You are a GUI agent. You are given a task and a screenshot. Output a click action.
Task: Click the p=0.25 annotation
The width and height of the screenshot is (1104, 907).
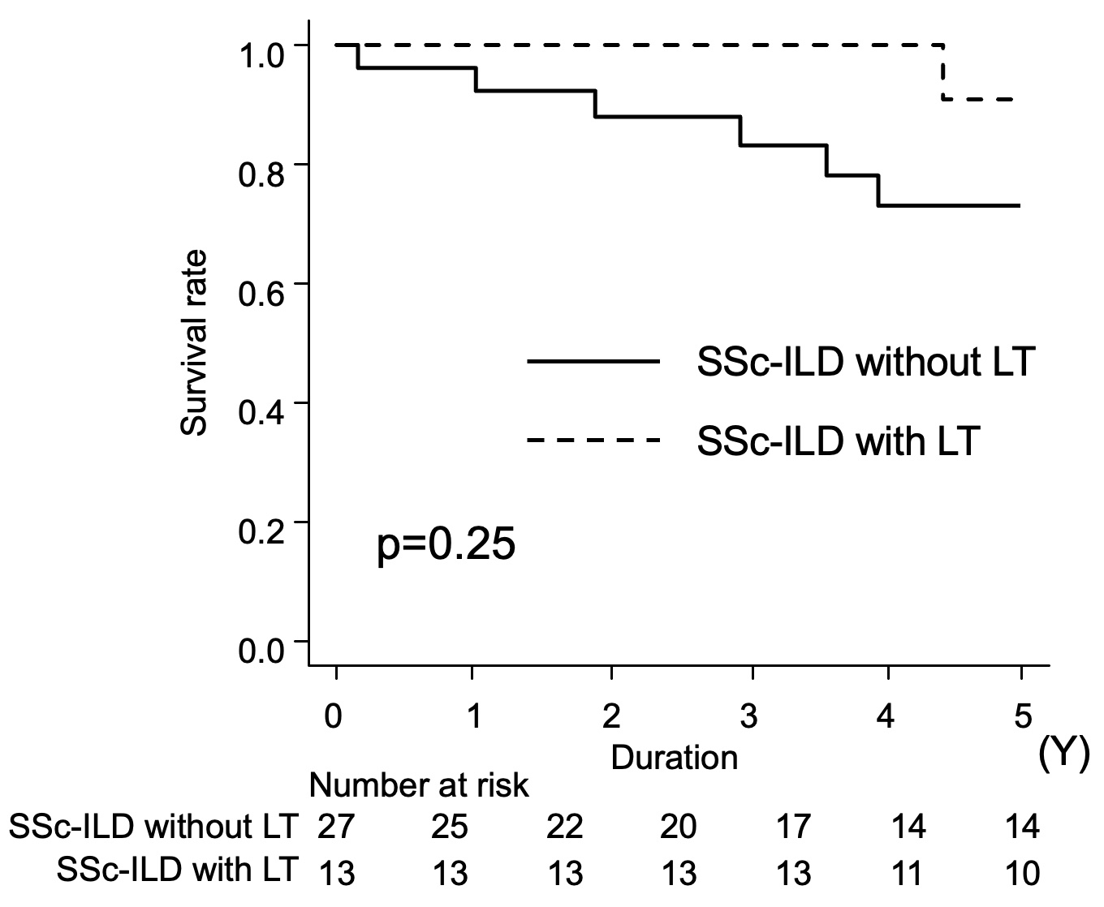446,546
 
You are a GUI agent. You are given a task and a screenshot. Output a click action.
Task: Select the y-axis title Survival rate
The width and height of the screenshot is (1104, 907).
195,343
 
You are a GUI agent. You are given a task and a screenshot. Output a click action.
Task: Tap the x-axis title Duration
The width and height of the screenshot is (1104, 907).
674,758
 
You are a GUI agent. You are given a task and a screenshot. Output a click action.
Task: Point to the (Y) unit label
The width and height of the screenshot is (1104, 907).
1063,756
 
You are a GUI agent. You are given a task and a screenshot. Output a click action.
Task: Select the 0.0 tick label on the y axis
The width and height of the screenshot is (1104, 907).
261,651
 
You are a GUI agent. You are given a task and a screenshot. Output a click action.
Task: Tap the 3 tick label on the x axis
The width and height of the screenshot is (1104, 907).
749,717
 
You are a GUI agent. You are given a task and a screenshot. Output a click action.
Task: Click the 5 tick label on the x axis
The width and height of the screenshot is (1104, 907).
1023,717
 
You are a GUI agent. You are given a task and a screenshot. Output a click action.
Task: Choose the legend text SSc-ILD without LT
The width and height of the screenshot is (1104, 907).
865,362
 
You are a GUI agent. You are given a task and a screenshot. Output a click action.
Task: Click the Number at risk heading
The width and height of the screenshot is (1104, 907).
419,785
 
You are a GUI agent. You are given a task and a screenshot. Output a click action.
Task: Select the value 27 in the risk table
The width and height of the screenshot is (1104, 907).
335,827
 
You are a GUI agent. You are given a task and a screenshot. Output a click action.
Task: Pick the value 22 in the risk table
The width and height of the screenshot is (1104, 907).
565,827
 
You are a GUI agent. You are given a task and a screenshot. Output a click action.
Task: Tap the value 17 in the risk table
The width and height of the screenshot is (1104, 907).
793,827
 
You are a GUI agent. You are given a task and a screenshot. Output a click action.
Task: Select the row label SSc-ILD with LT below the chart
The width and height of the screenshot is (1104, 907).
178,869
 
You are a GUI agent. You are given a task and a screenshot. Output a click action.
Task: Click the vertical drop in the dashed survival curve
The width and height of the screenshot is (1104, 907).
942,72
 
